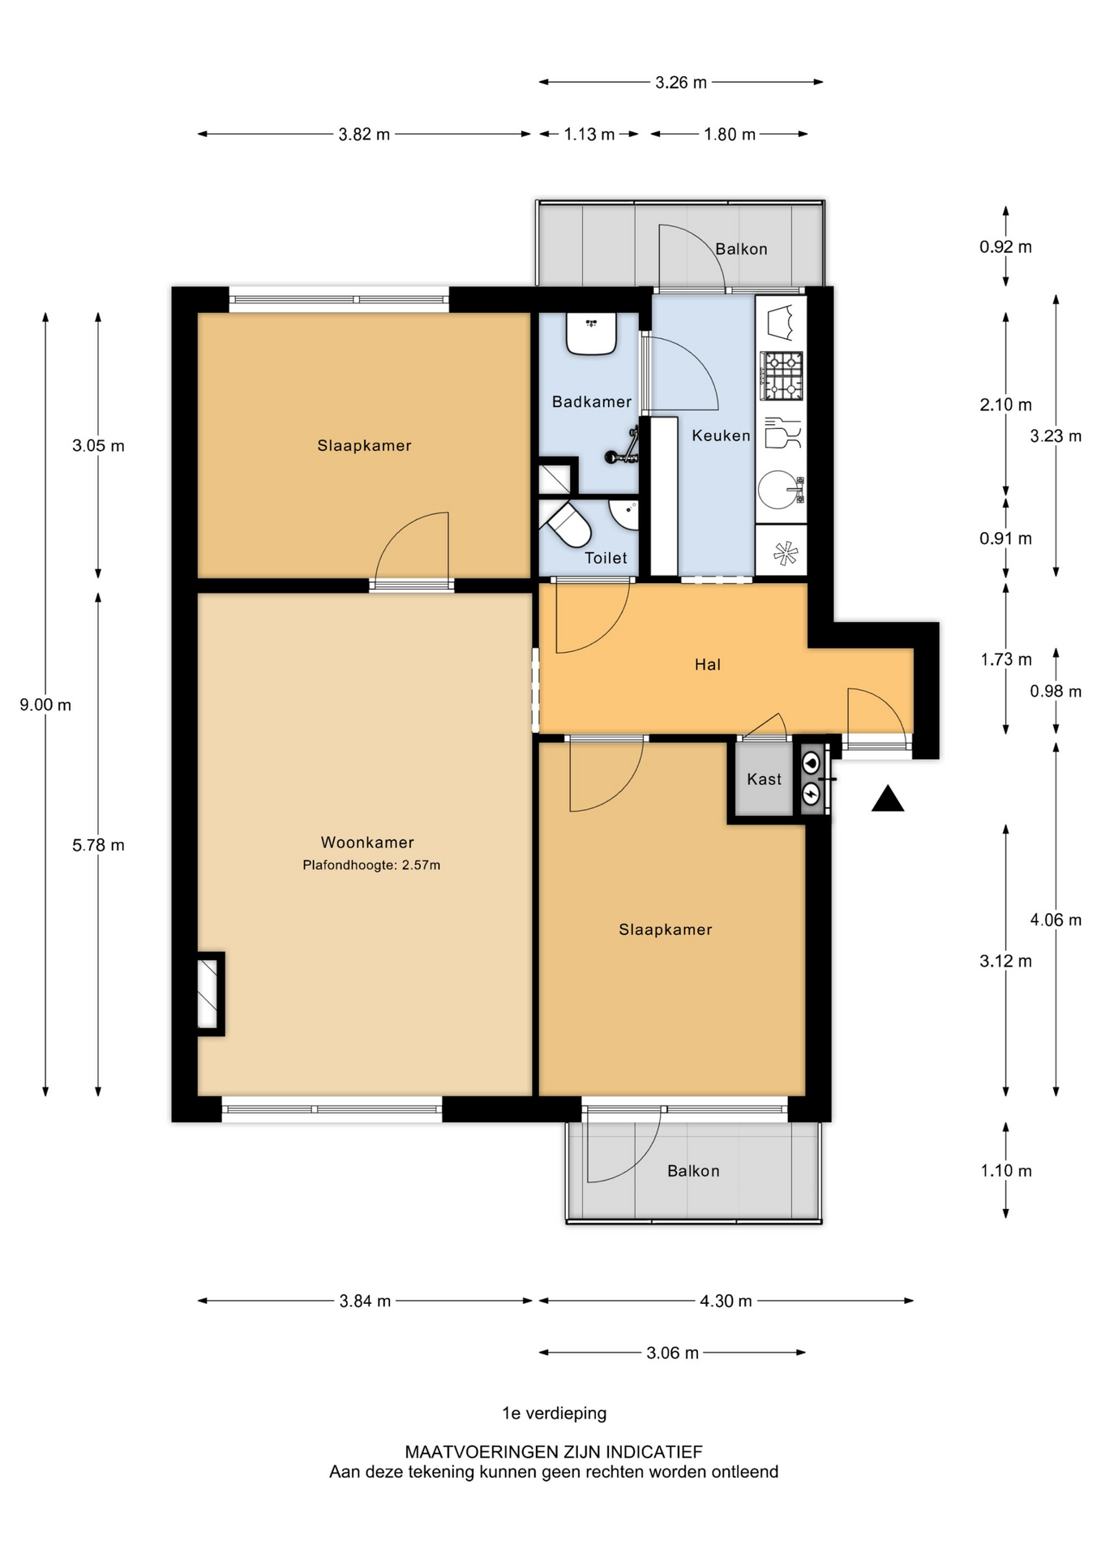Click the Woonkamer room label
(366, 843)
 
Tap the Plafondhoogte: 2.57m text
(371, 865)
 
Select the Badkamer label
(591, 401)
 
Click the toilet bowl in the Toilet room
(570, 526)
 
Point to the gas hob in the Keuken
(782, 376)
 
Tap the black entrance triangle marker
(887, 800)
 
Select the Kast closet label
(764, 779)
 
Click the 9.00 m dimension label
(45, 705)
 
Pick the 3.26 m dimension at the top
(680, 82)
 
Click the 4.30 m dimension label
(726, 1301)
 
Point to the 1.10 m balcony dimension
(1005, 1170)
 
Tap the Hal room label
(707, 665)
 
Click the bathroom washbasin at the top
(591, 334)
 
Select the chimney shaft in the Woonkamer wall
(208, 993)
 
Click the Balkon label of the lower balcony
(693, 1171)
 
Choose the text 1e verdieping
(554, 1413)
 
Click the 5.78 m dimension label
(98, 845)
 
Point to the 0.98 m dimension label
(1055, 691)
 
